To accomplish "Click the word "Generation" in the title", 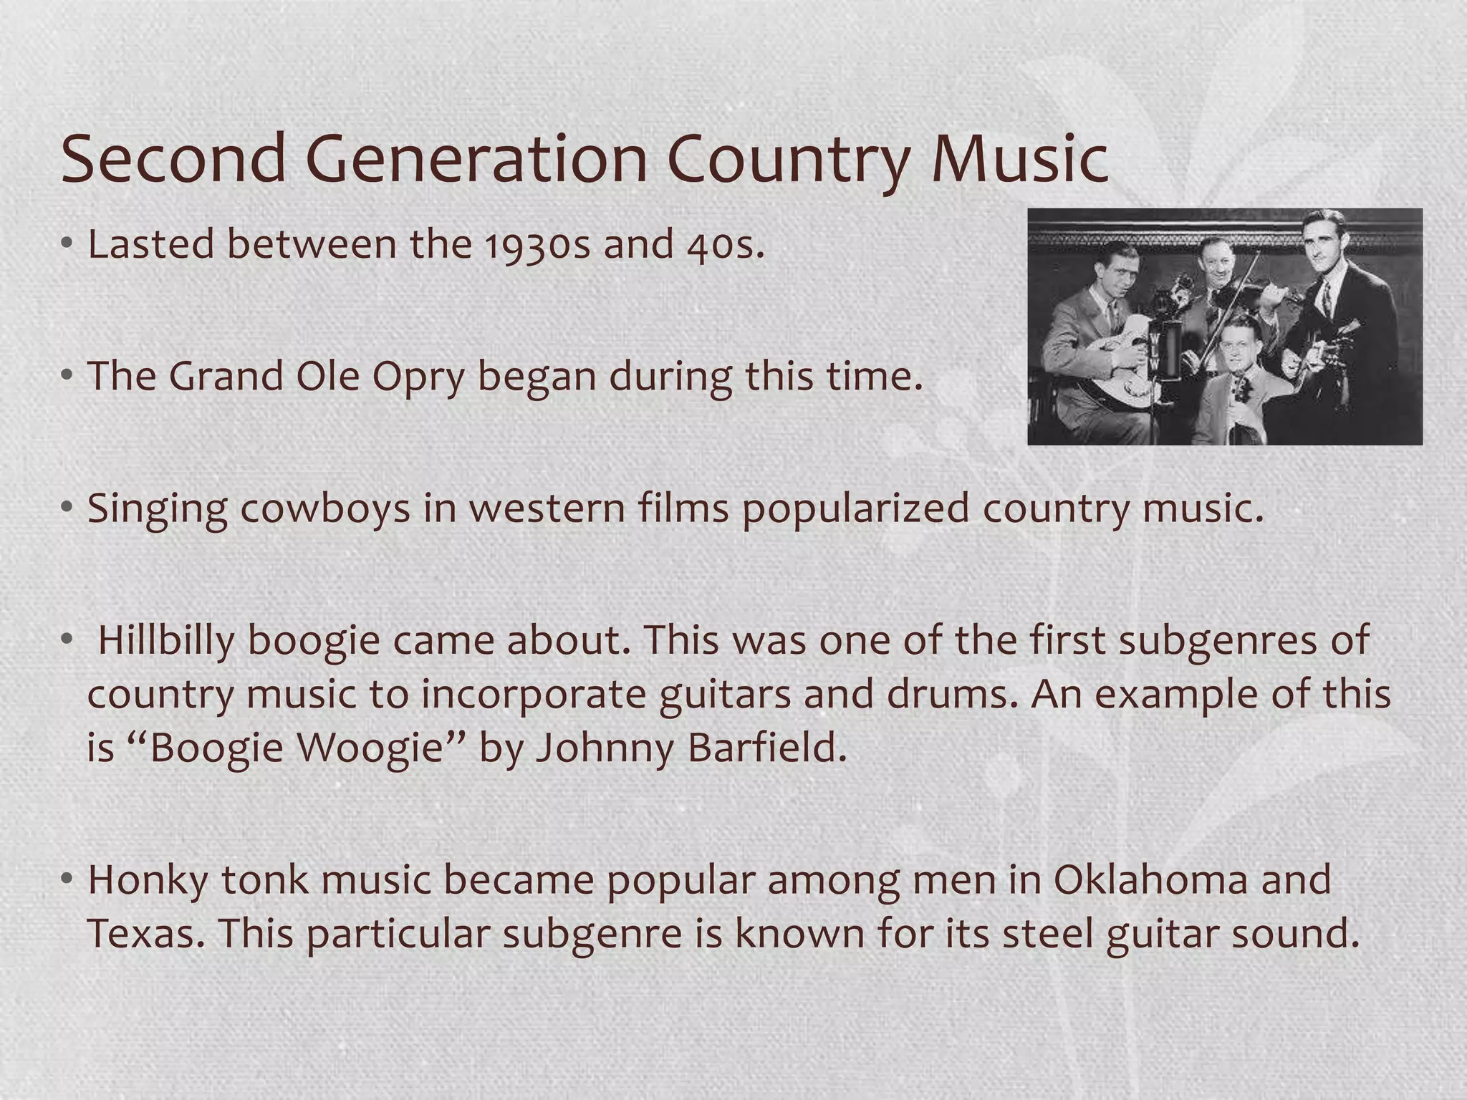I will coord(476,159).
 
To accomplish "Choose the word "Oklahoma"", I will coord(1150,880).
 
